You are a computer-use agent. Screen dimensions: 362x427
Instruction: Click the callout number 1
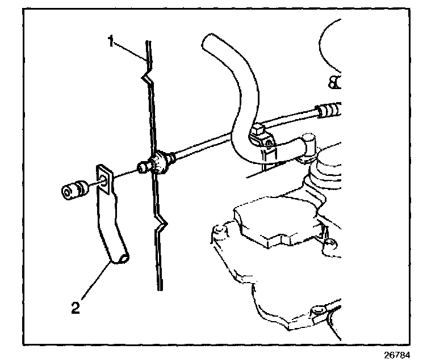click(x=111, y=41)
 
